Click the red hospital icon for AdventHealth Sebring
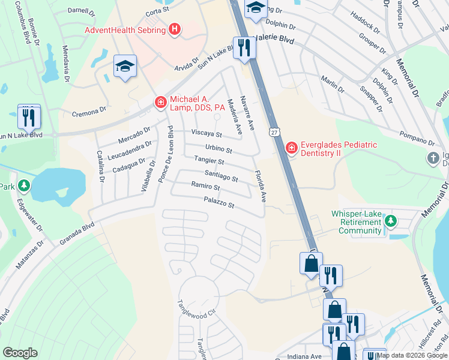click(175, 29)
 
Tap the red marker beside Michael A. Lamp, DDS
click(160, 103)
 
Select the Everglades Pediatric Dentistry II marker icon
click(292, 148)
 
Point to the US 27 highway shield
click(274, 131)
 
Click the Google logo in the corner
click(20, 353)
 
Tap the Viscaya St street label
click(206, 134)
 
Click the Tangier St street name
click(209, 161)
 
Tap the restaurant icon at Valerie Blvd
click(244, 48)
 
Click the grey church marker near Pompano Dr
click(433, 159)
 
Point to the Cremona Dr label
click(89, 110)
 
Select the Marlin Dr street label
click(332, 85)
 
